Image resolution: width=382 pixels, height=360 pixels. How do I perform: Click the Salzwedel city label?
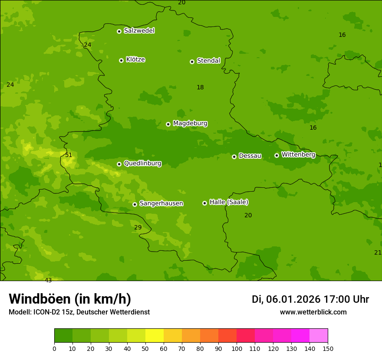[x=139, y=31]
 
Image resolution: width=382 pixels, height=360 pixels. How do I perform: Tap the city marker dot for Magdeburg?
[x=168, y=124]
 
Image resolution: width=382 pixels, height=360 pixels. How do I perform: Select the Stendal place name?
[x=208, y=61]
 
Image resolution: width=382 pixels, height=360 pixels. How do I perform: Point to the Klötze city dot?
[x=121, y=60]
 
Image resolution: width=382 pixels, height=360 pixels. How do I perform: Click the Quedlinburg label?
[x=142, y=164]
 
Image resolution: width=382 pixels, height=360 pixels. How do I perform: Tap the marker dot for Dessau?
[x=234, y=157]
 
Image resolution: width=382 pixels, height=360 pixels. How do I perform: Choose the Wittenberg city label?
[x=298, y=154]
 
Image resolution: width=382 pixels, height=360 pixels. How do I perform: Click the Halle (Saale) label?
[x=229, y=202]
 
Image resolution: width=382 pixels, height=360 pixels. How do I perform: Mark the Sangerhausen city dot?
[x=135, y=204]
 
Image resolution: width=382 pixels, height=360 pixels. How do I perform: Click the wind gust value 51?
[x=69, y=155]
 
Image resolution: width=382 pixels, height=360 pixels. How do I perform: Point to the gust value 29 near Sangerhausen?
[x=138, y=227]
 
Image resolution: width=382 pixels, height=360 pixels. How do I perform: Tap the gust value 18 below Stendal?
[x=200, y=87]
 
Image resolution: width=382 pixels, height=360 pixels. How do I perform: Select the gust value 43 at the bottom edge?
[x=48, y=280]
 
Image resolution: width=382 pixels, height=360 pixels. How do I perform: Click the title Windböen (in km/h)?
[x=70, y=299]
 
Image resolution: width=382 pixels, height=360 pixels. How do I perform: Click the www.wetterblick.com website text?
[x=313, y=312]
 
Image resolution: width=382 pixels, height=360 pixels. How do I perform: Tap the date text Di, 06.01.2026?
[x=286, y=299]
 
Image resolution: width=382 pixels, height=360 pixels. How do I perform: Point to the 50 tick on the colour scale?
[x=145, y=348]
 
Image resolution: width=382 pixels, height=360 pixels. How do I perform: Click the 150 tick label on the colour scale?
[x=327, y=348]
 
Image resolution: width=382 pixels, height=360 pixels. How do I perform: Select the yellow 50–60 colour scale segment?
[x=155, y=336]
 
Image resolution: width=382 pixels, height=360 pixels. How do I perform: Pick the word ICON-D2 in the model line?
[x=46, y=312]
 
